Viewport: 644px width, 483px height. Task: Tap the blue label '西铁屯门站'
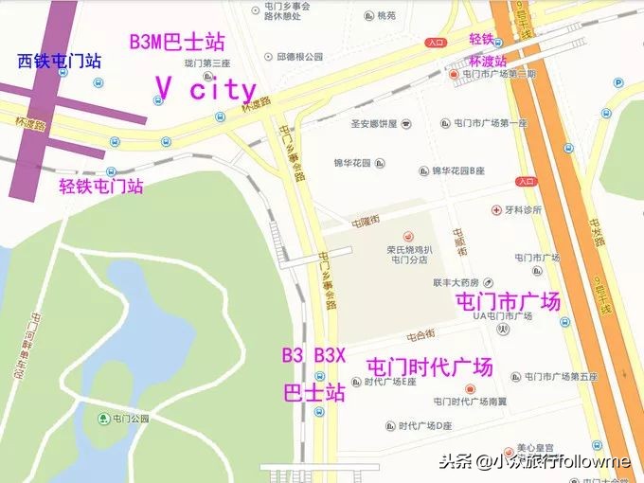point(60,63)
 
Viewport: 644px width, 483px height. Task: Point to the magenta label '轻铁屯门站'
point(101,186)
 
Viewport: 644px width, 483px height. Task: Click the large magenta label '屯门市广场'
point(509,301)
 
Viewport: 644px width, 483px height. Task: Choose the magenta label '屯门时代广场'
point(429,366)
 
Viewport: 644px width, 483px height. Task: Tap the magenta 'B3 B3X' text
point(314,356)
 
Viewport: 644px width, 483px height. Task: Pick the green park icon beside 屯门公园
point(103,419)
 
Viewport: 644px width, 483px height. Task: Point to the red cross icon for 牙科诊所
point(495,209)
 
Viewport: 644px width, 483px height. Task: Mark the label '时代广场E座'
point(390,383)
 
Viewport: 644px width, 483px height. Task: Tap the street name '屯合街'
point(420,334)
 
